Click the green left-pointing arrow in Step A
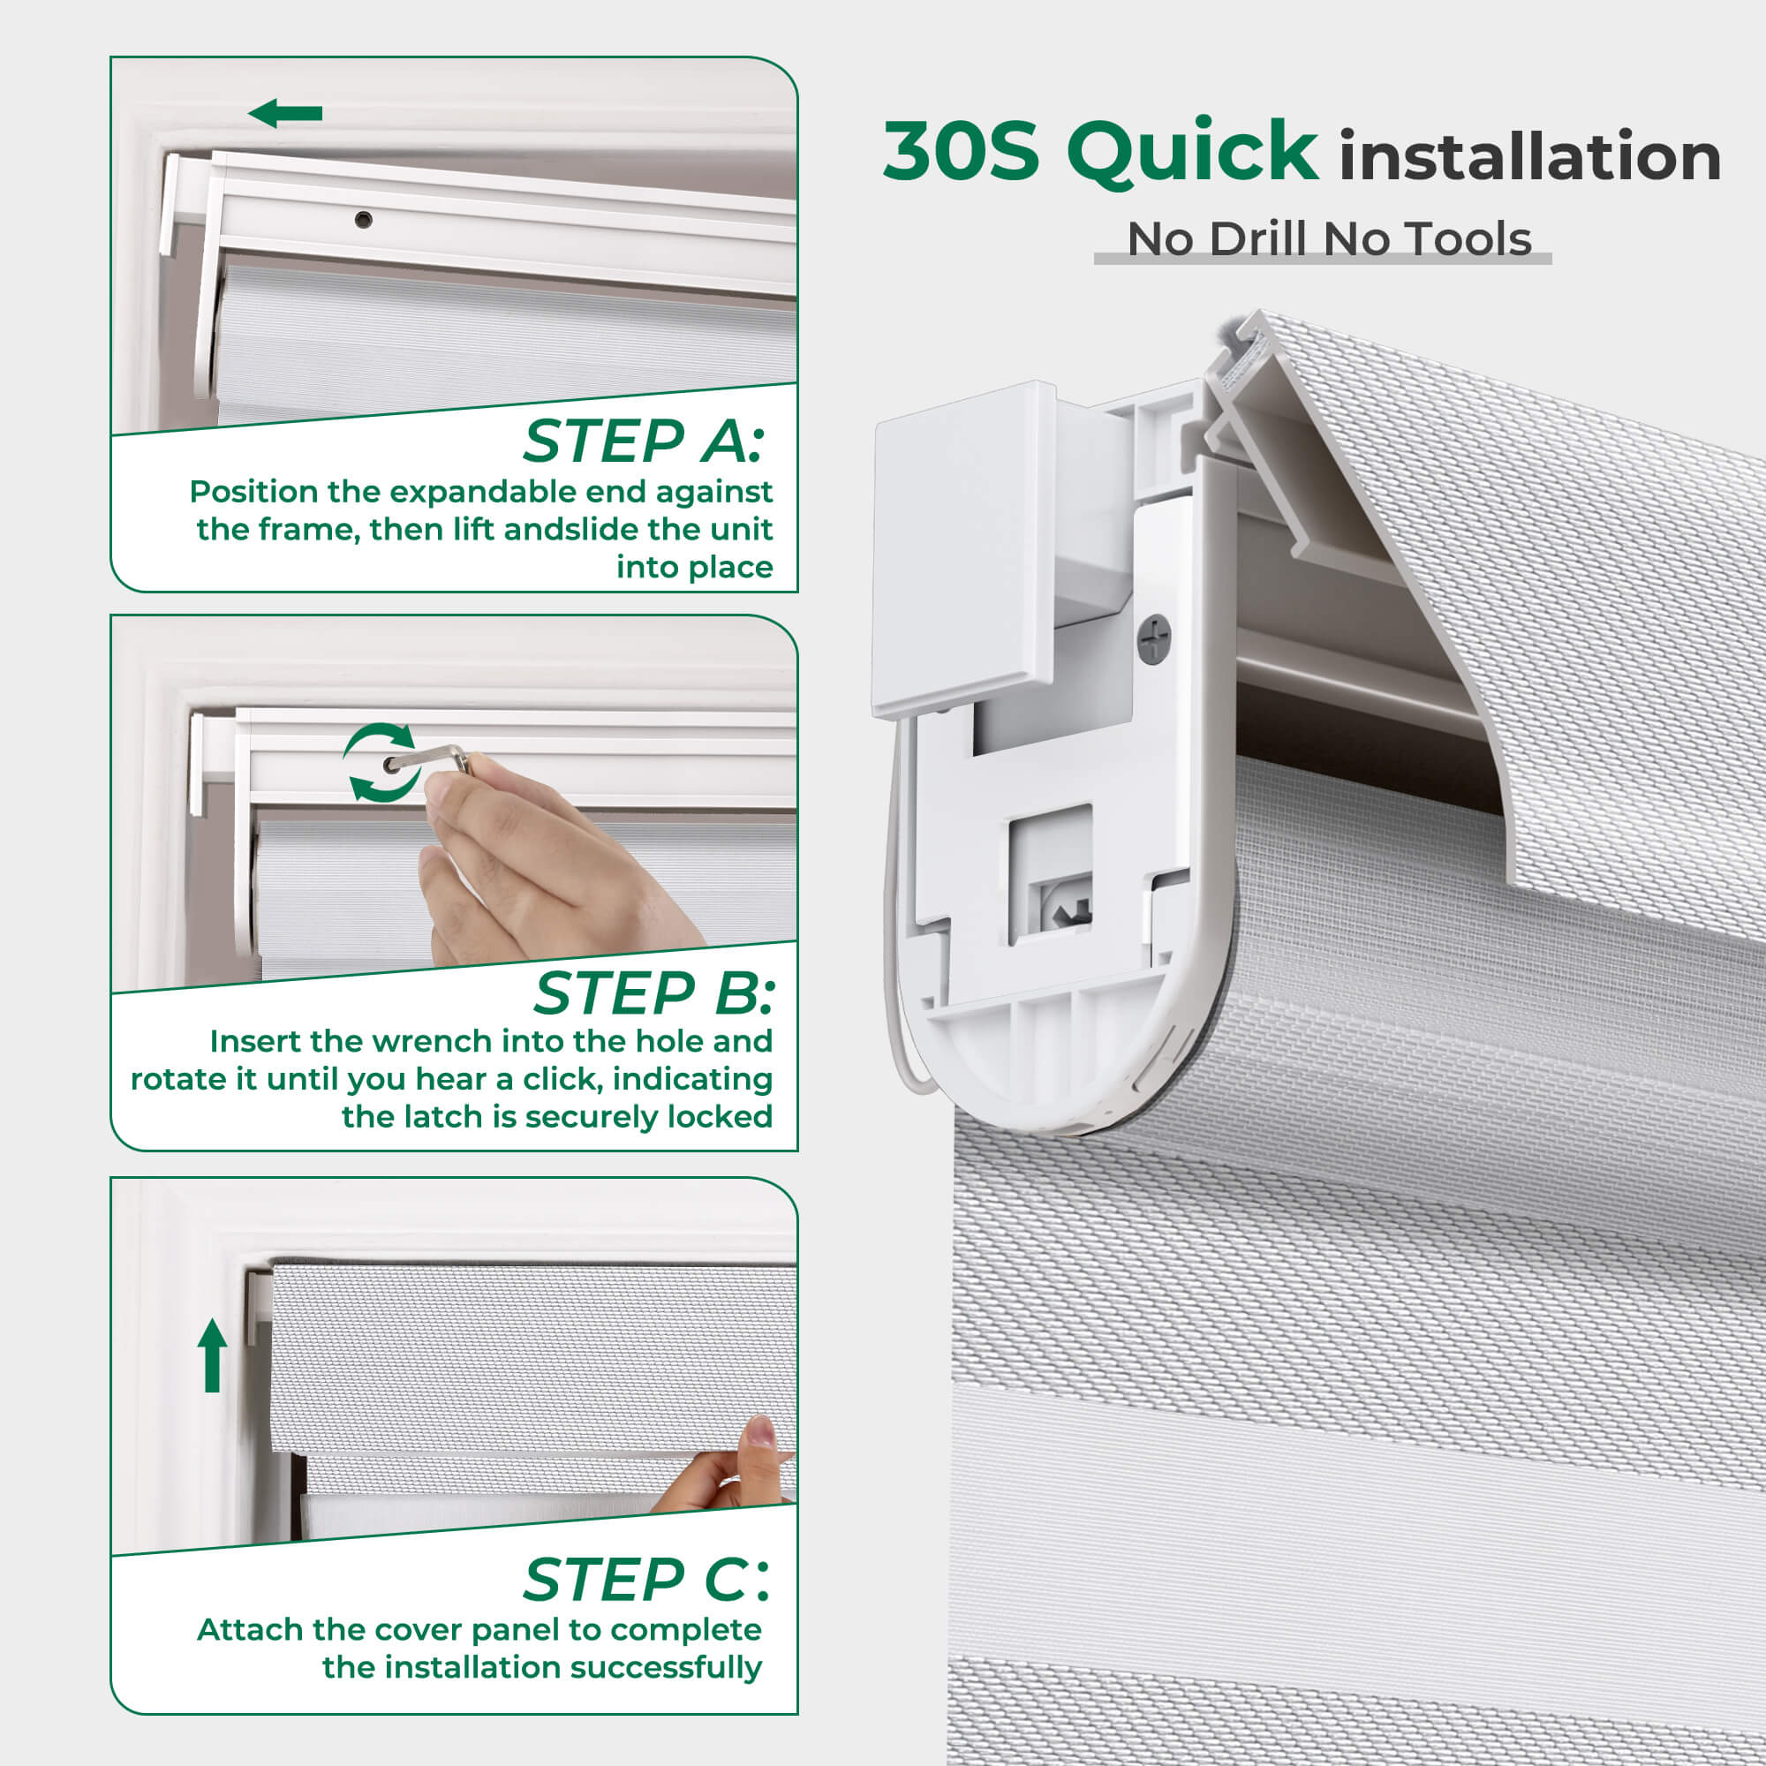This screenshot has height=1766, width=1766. point(285,114)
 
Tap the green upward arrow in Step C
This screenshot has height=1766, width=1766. point(212,1355)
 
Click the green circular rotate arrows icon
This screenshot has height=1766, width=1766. point(381,762)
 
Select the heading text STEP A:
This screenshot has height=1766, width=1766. point(643,441)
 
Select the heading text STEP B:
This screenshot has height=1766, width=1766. point(653,992)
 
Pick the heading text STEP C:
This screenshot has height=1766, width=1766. point(646,1580)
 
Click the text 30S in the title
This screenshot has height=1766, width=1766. point(961,151)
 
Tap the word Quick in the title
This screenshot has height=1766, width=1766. point(1192,152)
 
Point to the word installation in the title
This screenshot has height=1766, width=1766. point(1530,155)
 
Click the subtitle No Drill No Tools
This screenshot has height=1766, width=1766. point(1329,239)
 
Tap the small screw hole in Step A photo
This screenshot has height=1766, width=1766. point(363,219)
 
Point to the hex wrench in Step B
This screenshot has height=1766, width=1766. point(429,758)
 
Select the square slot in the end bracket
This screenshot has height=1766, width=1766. point(1050,875)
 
